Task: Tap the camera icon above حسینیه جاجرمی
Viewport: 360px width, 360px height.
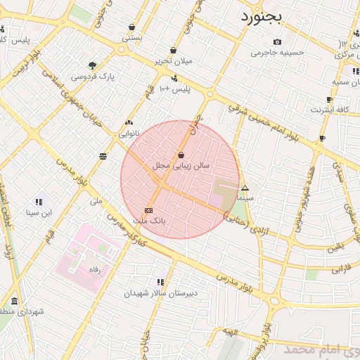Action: pyautogui.click(x=277, y=41)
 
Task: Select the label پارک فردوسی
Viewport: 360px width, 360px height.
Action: pyautogui.click(x=93, y=76)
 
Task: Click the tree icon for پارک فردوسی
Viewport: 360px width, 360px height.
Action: pyautogui.click(x=93, y=65)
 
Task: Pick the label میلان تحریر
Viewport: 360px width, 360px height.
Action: pyautogui.click(x=173, y=60)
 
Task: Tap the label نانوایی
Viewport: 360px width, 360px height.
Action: pyautogui.click(x=129, y=132)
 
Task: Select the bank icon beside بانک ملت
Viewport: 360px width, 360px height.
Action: pyautogui.click(x=148, y=210)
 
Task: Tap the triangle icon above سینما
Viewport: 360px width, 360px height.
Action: pyautogui.click(x=245, y=188)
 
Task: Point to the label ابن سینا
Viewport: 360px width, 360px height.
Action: pyautogui.click(x=39, y=211)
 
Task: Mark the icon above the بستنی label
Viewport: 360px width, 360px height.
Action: pyautogui.click(x=132, y=27)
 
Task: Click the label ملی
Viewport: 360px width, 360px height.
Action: pyautogui.click(x=96, y=201)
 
